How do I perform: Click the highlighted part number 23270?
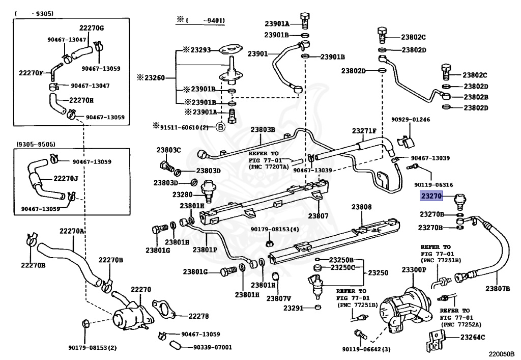coord(431,196)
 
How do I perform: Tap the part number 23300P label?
coord(413,269)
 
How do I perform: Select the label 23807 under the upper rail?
coord(318,216)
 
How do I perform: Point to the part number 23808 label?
coord(362,207)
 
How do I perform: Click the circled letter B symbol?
coord(221,127)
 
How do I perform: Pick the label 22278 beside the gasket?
coord(199,316)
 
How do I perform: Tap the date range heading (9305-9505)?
coord(36,144)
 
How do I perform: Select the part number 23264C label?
coord(473,338)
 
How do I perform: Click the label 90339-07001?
coord(213,347)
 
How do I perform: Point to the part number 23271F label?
coord(364,131)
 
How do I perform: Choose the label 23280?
coord(183,195)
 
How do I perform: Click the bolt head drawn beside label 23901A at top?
coord(305,17)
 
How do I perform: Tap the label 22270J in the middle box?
coord(66,179)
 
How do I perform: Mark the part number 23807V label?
coord(278,298)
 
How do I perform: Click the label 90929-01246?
coord(411,119)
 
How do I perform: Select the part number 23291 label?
coord(294,308)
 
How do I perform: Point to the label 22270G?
coord(92,28)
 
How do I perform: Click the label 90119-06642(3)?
coord(366,349)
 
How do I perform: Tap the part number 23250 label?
coord(378,272)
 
